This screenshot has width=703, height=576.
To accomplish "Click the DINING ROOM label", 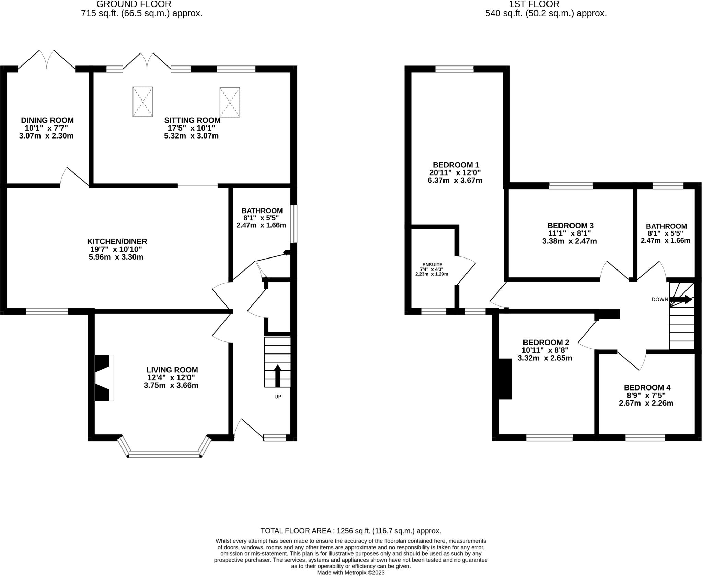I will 47,120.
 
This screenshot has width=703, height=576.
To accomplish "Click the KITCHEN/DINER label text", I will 117,241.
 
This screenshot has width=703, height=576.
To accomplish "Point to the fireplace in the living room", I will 102,378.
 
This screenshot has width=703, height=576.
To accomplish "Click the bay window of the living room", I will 164,455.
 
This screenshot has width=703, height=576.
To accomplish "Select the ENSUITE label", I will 432,265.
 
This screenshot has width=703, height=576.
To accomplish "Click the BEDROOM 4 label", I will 647,387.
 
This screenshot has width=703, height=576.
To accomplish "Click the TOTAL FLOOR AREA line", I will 350,531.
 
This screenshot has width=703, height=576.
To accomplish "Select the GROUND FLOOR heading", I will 134,4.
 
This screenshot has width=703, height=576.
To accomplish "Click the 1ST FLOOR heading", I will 546,4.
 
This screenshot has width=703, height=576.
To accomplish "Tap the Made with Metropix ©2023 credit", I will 350,573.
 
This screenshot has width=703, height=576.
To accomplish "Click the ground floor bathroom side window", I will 294,224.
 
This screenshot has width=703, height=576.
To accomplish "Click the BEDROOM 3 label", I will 570,226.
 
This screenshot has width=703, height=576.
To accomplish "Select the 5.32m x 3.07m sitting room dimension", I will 191,136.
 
